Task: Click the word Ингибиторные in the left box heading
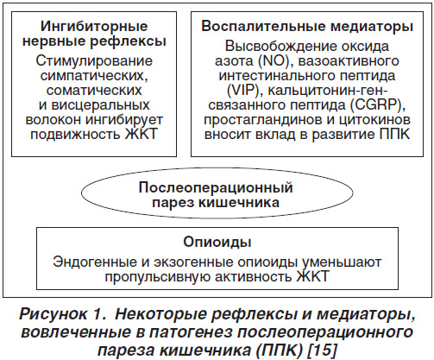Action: coord(94,27)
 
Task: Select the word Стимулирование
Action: coord(94,61)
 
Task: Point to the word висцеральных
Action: coord(100,105)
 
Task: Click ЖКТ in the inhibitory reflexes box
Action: coord(142,134)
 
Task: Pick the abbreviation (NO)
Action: coord(274,61)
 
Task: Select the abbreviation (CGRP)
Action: coord(378,105)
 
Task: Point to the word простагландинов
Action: coord(262,120)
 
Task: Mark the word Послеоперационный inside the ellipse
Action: coord(216,188)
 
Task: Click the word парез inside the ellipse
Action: coord(173,203)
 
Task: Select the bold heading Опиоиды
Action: coord(217,243)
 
